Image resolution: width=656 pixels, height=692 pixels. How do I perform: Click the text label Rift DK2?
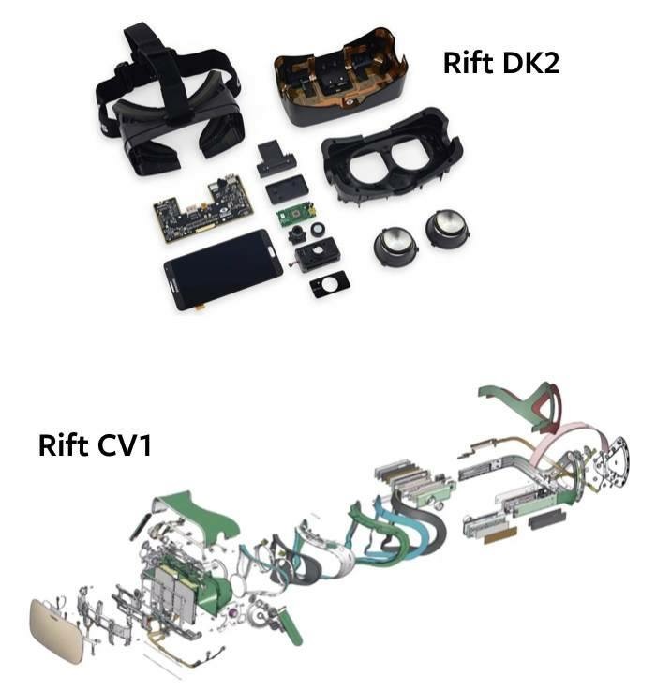point(501,63)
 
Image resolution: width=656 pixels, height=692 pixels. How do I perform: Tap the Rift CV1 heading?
point(95,444)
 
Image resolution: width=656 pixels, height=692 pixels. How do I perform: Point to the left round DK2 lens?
point(395,248)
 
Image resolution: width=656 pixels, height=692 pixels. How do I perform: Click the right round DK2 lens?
point(446,229)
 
